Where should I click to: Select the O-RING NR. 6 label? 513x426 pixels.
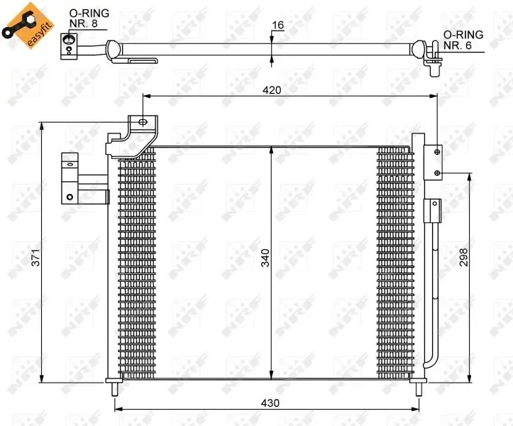pyautogui.click(x=463, y=40)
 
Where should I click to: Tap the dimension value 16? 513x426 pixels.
pyautogui.click(x=278, y=26)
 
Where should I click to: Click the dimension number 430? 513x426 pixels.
pyautogui.click(x=270, y=403)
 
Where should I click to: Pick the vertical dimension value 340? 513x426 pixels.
pyautogui.click(x=265, y=258)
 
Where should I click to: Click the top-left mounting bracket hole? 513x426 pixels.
pyautogui.click(x=143, y=122)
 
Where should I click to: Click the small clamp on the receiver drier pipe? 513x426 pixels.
pyautogui.click(x=431, y=211)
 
